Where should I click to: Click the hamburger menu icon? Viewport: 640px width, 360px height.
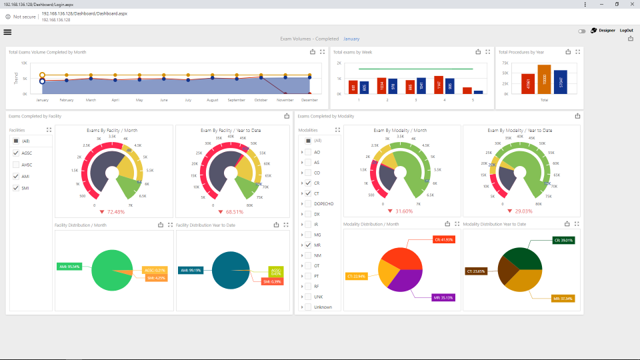(x=7, y=31)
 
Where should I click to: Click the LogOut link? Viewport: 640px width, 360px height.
(x=626, y=31)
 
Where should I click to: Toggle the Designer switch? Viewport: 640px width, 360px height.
(x=582, y=31)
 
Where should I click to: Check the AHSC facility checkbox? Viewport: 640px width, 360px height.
(x=16, y=165)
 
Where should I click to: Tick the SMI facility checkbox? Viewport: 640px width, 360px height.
(x=16, y=188)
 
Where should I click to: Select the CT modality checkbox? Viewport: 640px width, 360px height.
(x=308, y=193)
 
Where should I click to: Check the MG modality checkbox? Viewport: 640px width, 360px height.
(x=308, y=235)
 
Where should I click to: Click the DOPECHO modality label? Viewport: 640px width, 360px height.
(x=323, y=203)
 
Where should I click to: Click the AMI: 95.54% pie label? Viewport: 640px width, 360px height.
(x=69, y=266)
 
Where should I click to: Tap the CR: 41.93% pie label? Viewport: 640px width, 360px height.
(x=443, y=239)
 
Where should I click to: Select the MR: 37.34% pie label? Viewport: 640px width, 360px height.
(x=563, y=298)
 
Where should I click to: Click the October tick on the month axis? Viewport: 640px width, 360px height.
(x=261, y=100)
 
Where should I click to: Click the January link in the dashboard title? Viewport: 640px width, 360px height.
(x=351, y=39)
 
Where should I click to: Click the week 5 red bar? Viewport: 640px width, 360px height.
(x=467, y=90)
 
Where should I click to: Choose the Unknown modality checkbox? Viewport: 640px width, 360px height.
(x=308, y=307)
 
